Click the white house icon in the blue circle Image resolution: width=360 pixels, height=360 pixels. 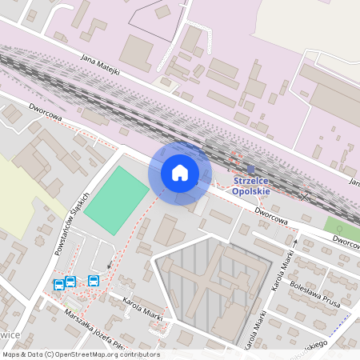[180, 173]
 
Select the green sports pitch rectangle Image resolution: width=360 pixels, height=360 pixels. [117, 200]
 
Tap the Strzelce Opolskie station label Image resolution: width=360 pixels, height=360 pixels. [251, 186]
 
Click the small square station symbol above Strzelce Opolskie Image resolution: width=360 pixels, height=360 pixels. [250, 169]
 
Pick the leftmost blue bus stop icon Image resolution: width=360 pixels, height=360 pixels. [59, 284]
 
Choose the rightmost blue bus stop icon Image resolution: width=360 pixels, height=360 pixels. [94, 281]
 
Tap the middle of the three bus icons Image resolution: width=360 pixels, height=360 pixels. [70, 282]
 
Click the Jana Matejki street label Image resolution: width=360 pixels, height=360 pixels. [101, 65]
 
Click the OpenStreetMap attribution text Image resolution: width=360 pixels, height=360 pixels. [80, 354]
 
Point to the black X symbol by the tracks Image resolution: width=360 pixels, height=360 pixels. [304, 195]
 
